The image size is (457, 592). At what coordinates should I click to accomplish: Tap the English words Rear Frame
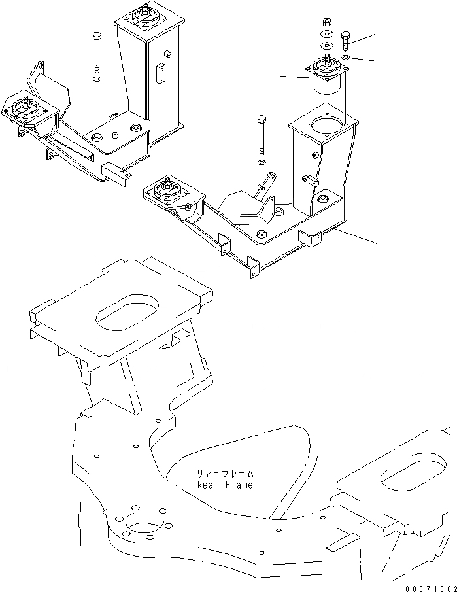point(225,485)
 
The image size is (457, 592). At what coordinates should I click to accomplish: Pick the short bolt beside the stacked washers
point(346,41)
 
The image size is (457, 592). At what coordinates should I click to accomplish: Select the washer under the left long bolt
point(97,79)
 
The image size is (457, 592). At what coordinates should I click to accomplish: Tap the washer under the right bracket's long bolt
point(262,162)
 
